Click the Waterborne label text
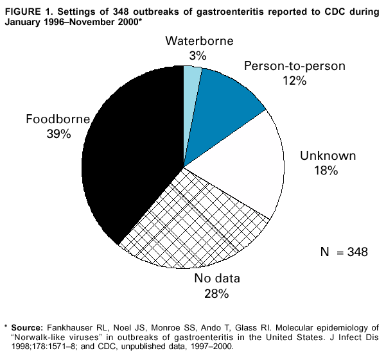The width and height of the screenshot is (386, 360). pos(198,42)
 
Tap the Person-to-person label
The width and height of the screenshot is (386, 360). pos(295,66)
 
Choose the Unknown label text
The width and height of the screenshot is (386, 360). pos(328,156)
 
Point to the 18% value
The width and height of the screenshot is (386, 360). pos(326,171)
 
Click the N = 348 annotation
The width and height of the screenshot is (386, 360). pos(344,252)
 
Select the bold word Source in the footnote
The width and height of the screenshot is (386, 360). pos(30,326)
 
